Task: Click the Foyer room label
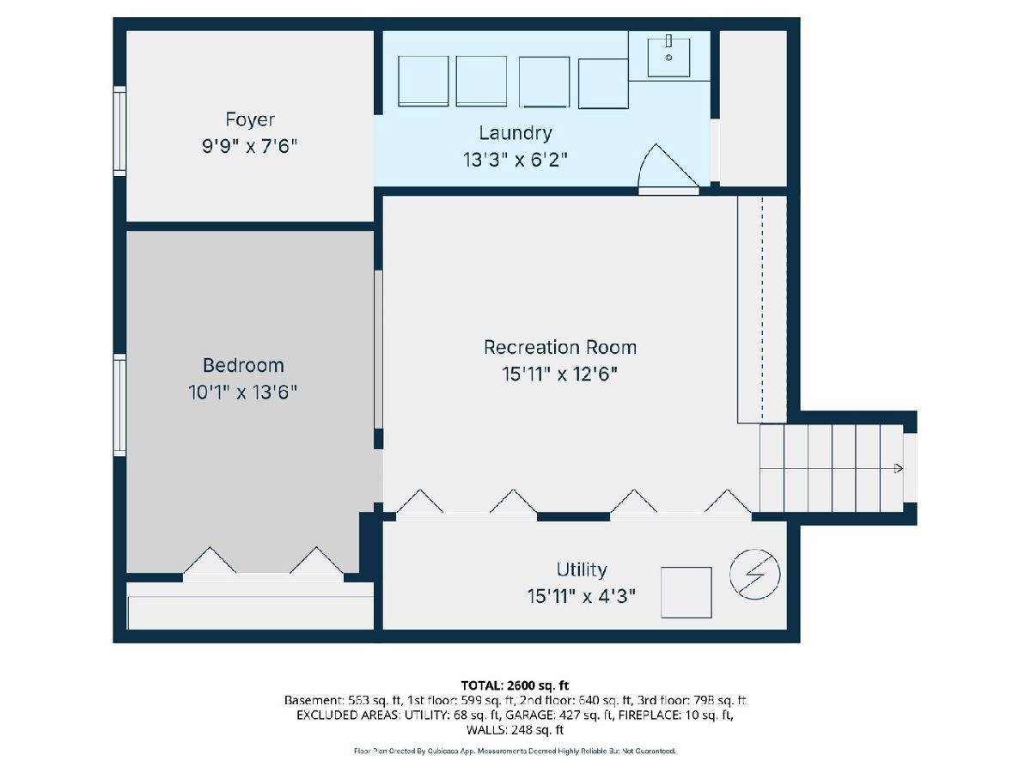(x=250, y=120)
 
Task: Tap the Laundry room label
(x=515, y=133)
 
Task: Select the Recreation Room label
(x=560, y=347)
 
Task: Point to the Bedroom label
(x=243, y=365)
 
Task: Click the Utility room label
(x=582, y=570)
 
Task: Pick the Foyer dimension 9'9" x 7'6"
(x=250, y=146)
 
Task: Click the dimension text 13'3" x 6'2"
(x=515, y=160)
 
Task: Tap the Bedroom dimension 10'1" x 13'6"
(x=243, y=392)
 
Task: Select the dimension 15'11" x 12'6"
(x=559, y=374)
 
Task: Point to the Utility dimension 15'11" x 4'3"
(x=582, y=597)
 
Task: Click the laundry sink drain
(x=668, y=58)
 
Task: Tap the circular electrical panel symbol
(x=755, y=575)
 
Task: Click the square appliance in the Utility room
(x=686, y=593)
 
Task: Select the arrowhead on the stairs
(x=899, y=468)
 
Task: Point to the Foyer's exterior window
(x=120, y=131)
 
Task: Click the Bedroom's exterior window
(x=120, y=405)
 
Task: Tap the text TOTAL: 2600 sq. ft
(x=515, y=685)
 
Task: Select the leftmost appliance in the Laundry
(x=424, y=82)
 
